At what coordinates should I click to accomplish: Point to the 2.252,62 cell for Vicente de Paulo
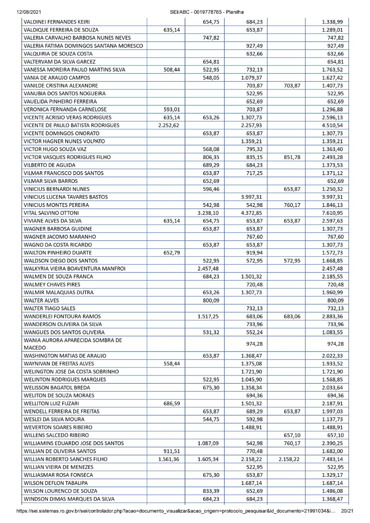point(166,125)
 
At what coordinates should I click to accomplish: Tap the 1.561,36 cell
point(166,460)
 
